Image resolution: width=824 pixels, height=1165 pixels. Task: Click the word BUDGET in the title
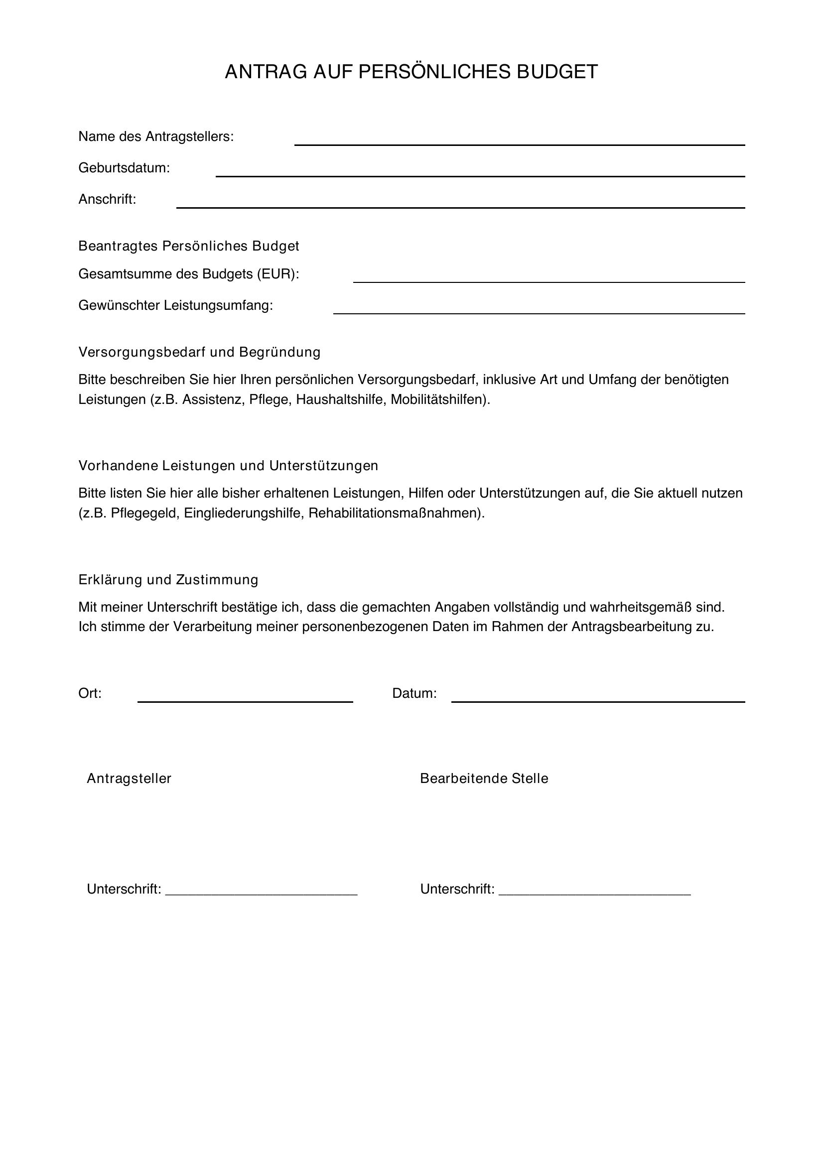pos(557,72)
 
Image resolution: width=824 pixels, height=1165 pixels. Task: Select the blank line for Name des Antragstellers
pos(520,144)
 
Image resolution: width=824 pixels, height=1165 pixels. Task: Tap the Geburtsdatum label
pos(124,168)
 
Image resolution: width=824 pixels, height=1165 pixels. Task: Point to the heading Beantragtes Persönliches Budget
pos(189,246)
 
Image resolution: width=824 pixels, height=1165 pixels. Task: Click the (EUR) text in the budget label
pos(276,274)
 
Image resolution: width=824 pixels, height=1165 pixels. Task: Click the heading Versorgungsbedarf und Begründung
pos(199,352)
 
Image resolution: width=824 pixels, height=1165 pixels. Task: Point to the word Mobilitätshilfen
pos(438,399)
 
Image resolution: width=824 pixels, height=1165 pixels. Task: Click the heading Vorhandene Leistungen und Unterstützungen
pos(228,466)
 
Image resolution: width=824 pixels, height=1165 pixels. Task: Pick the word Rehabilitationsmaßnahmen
pos(394,513)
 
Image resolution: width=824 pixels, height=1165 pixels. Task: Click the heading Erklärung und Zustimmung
pos(168,579)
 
